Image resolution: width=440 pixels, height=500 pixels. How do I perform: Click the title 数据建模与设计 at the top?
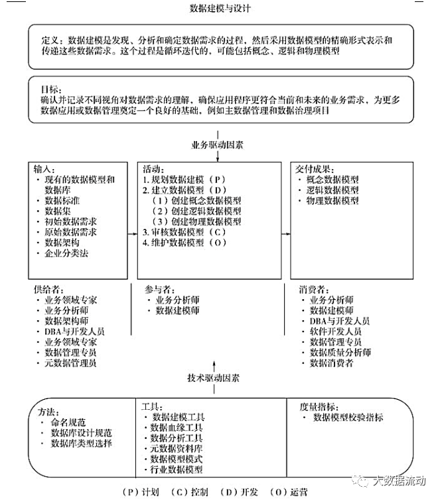tap(220, 9)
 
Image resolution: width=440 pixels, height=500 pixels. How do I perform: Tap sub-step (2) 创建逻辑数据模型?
tap(196, 211)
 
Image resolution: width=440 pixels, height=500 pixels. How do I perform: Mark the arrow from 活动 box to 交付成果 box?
tap(286, 232)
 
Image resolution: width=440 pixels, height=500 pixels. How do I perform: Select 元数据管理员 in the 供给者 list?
tap(70, 363)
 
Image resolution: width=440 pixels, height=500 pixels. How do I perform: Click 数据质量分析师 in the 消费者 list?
tap(340, 352)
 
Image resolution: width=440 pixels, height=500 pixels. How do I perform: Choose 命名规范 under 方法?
tap(72, 422)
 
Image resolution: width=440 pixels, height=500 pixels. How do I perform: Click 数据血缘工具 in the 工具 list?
tap(177, 428)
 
